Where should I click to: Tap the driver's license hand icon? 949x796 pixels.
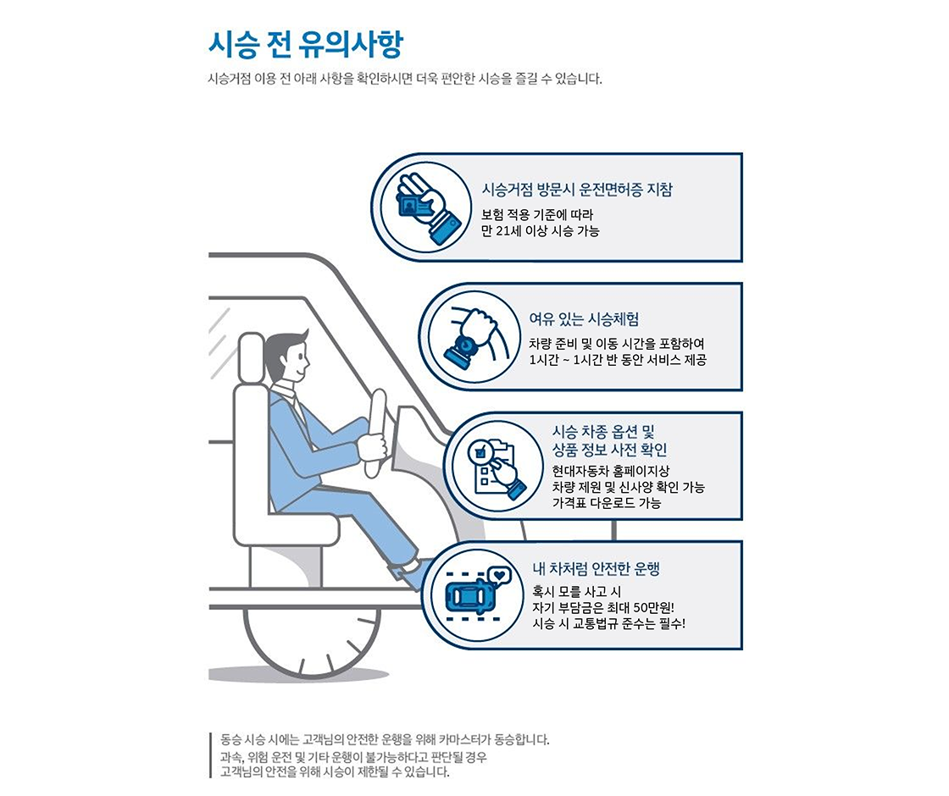point(421,207)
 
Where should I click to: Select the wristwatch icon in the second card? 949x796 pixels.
point(469,337)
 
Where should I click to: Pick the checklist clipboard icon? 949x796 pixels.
point(493,467)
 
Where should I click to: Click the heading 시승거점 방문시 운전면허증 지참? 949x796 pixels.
point(576,190)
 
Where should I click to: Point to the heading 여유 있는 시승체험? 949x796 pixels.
point(584,319)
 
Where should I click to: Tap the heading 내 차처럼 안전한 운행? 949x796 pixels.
point(596,568)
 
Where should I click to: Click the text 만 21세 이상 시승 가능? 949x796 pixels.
point(540,231)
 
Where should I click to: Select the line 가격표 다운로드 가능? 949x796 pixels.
point(607,503)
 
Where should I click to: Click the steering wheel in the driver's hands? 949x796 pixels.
point(375,432)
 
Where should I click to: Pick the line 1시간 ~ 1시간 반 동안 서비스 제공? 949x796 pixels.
point(617,360)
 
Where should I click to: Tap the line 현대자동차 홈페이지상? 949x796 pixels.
point(598,471)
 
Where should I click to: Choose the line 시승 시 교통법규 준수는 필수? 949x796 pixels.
point(608,624)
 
